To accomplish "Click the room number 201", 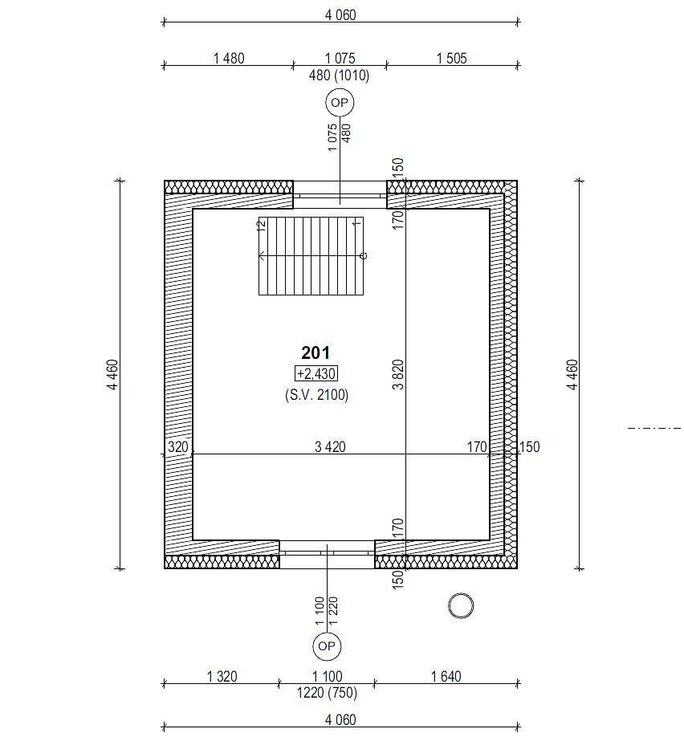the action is coord(315,352).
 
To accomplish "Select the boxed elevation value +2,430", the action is coord(316,373).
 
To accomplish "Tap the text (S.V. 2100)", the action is coord(316,394).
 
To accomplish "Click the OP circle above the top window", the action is coord(340,103).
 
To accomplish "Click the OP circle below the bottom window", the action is coord(327,645).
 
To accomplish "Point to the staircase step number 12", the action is coord(263,225).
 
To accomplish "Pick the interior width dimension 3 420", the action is coord(330,446).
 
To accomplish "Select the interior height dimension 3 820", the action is coord(397,375).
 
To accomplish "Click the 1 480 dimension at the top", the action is coord(229,59).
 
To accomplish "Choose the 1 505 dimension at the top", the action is coord(452,59).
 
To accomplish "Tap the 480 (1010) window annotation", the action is coord(339,75).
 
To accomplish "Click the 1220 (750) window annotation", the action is coord(327,693).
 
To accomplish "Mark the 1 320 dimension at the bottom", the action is coord(222,676).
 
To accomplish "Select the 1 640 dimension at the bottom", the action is coord(446,676).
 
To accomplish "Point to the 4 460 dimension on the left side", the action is coord(113,375).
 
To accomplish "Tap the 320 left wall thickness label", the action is coord(178,446).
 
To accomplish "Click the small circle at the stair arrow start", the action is coord(363,255).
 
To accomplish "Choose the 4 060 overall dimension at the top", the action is coord(340,15).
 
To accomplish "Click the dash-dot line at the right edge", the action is coord(654,428).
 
